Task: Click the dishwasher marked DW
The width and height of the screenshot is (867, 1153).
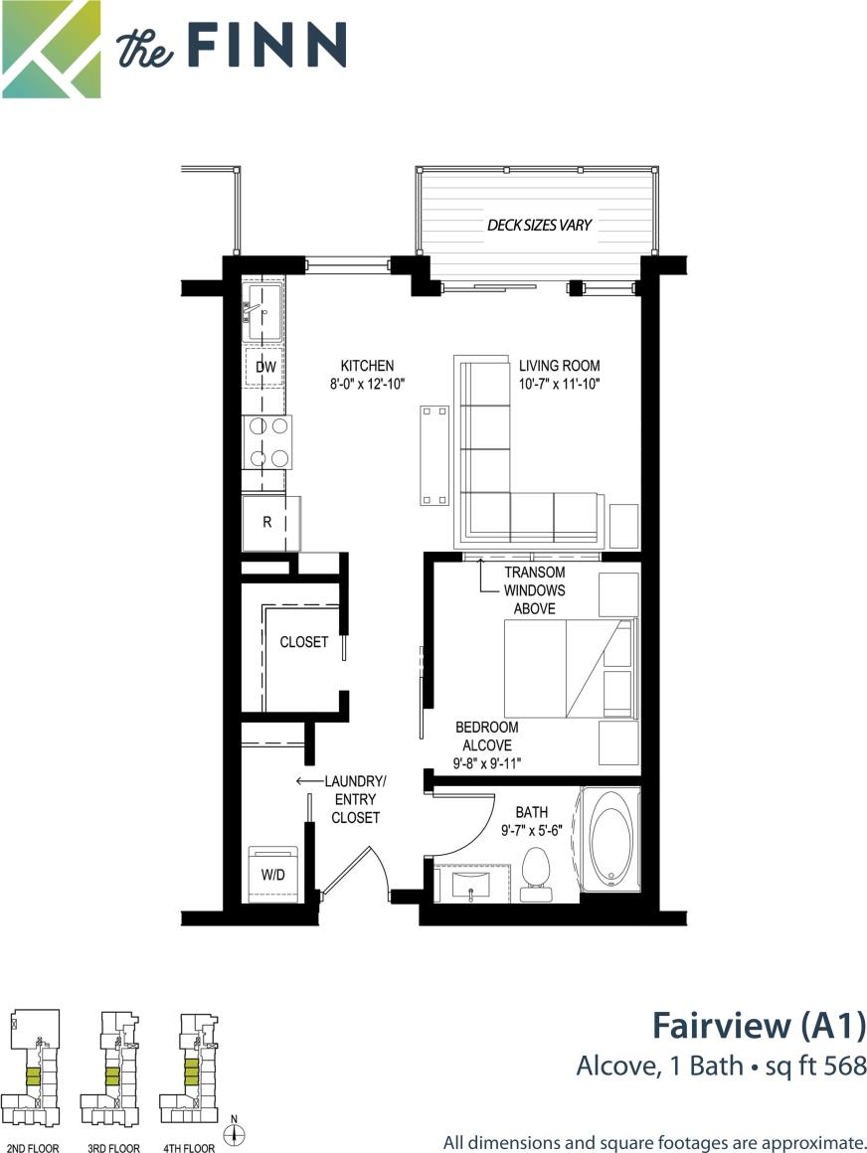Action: click(x=264, y=367)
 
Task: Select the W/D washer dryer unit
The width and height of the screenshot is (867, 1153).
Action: click(x=273, y=875)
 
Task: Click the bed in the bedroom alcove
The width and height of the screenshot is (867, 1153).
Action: click(x=567, y=669)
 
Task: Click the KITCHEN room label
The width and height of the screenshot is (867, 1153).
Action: click(x=367, y=366)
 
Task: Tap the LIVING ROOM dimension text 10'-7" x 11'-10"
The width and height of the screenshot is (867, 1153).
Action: click(x=559, y=383)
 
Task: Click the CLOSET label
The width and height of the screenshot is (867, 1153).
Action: click(x=303, y=642)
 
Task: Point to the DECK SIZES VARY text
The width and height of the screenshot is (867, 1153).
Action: click(x=539, y=225)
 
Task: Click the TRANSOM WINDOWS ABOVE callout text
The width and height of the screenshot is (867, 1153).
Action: click(x=534, y=590)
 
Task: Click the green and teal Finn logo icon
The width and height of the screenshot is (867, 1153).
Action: click(x=51, y=50)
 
